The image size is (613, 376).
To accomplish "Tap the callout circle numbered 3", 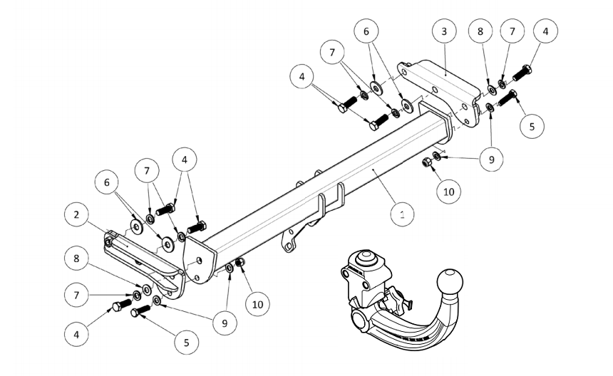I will (444, 33).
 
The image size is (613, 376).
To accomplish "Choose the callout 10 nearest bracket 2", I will (257, 303).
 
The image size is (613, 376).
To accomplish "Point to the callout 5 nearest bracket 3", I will (531, 126).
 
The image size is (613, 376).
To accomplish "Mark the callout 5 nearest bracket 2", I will (187, 342).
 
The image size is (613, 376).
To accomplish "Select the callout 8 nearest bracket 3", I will (480, 32).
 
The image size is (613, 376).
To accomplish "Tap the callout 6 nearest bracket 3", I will (366, 32).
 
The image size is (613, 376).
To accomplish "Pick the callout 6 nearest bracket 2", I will (108, 183).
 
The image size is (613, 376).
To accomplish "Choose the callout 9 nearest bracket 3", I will (491, 160).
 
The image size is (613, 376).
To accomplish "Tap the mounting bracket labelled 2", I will (146, 263).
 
